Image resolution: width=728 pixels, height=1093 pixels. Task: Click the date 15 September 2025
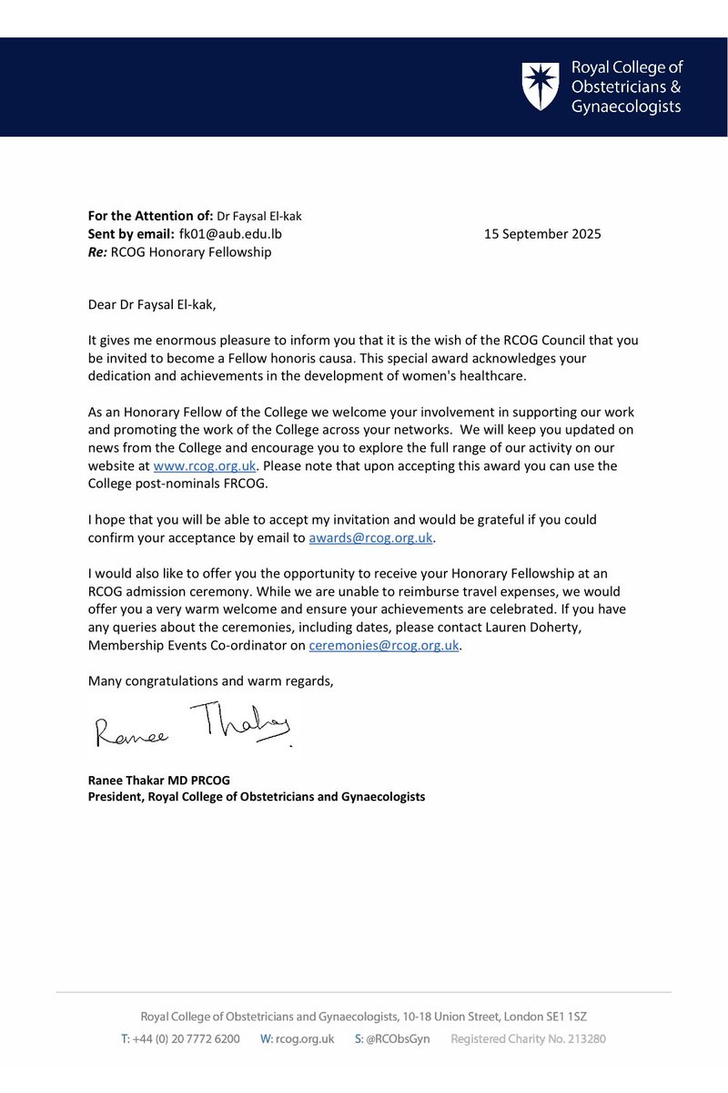point(541,234)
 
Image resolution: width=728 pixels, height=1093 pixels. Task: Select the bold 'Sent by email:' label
point(133,234)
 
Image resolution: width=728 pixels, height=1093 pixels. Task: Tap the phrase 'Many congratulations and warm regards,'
point(209,679)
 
